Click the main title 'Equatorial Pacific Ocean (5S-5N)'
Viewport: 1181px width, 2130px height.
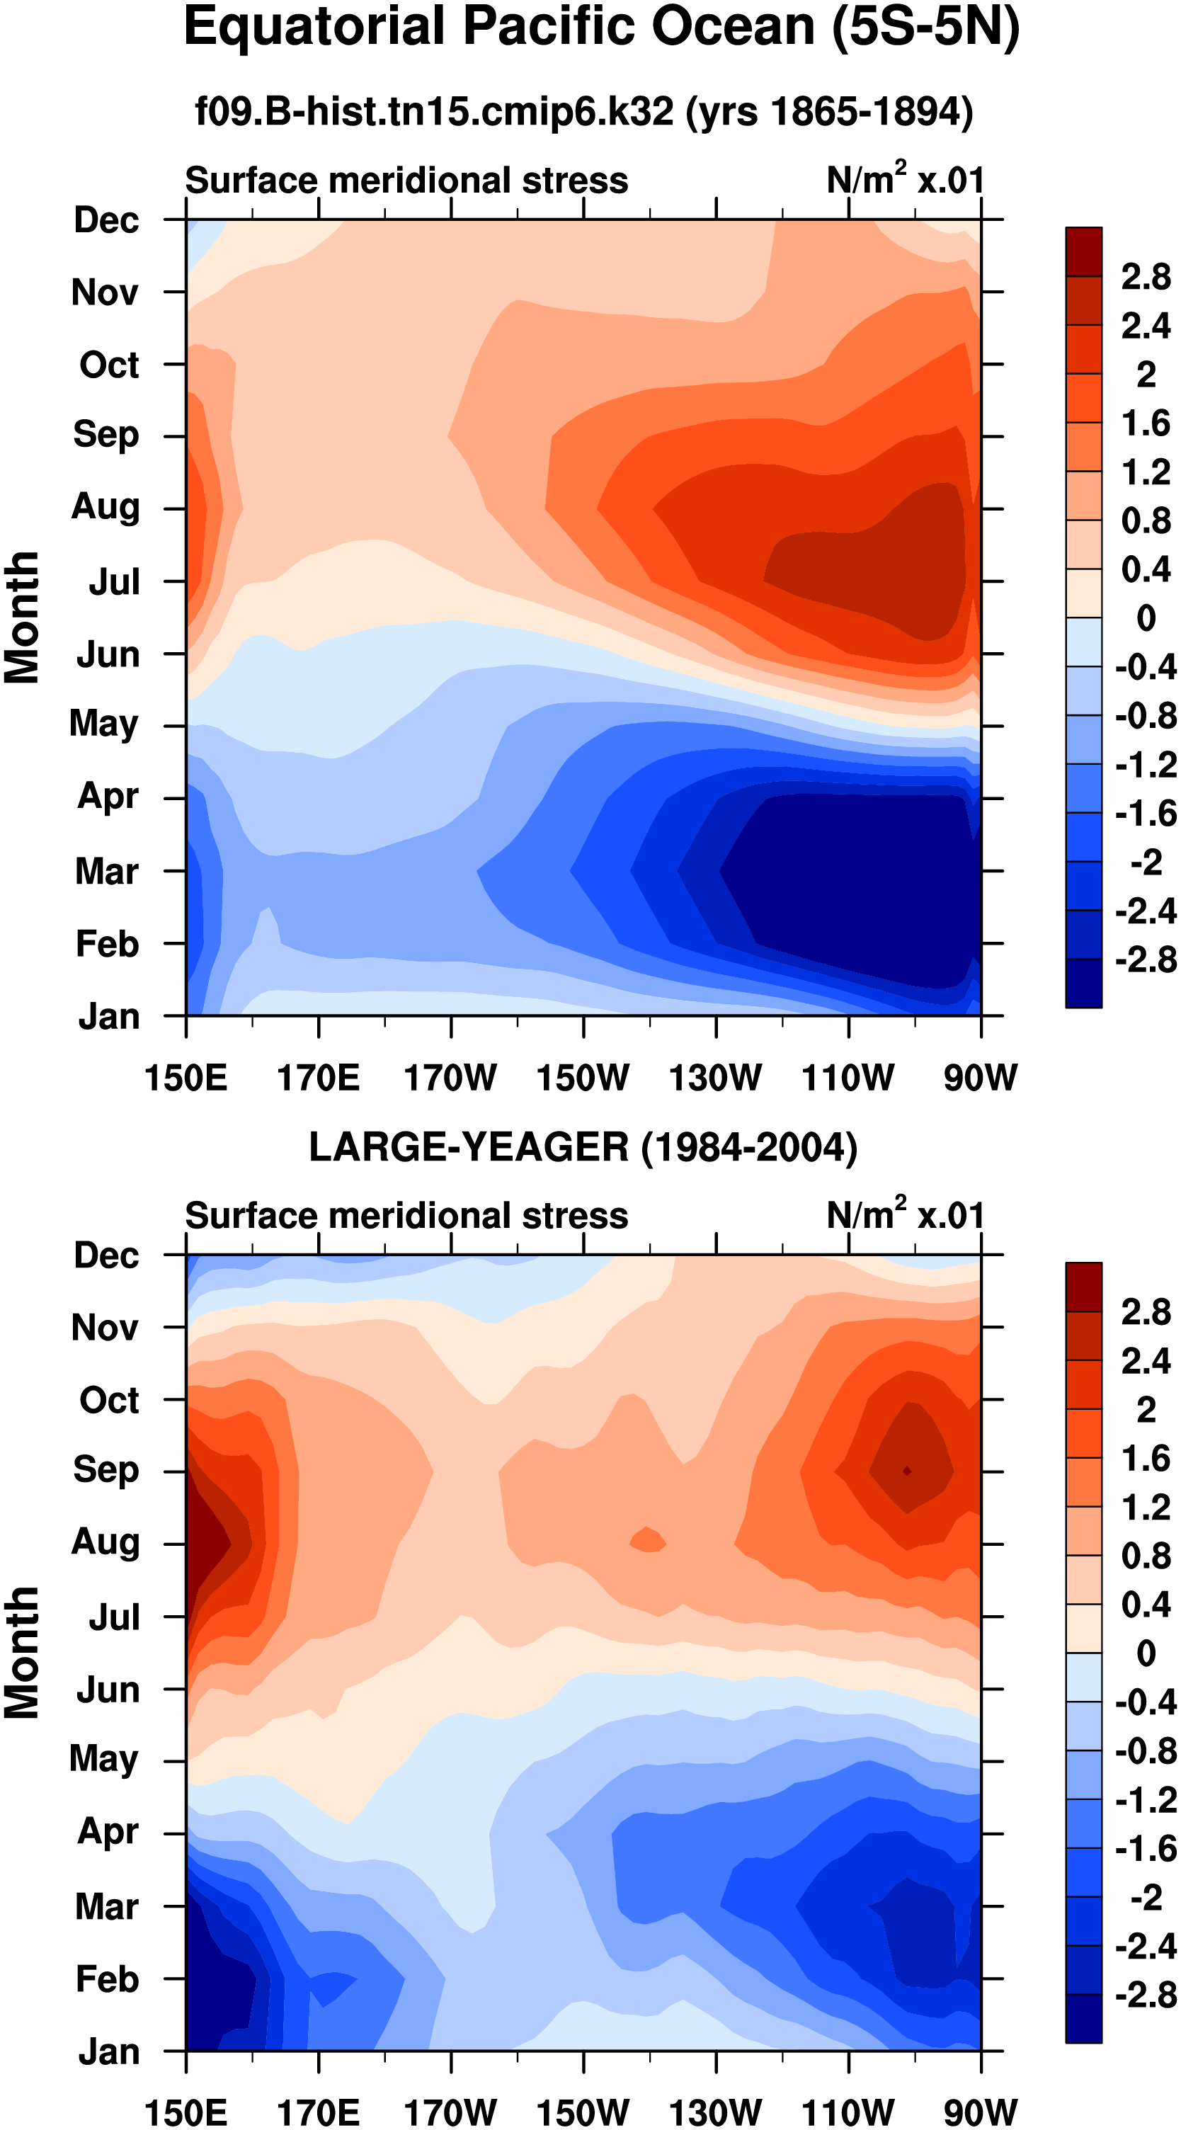pos(601,28)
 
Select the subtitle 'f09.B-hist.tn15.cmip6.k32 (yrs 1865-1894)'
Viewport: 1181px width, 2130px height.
pos(584,110)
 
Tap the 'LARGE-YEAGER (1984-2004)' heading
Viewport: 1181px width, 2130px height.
pos(583,1147)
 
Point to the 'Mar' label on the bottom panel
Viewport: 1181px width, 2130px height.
pos(107,1906)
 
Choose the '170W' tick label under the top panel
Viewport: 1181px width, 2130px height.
pos(451,1078)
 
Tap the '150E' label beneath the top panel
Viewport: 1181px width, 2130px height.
pos(186,1078)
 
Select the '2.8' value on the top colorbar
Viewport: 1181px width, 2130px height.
pos(1146,277)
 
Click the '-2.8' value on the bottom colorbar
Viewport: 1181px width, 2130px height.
pos(1145,1994)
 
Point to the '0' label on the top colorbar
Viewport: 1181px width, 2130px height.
pos(1146,617)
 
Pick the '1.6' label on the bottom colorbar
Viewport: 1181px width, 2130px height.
pos(1146,1458)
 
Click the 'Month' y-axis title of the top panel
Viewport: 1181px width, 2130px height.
pos(23,617)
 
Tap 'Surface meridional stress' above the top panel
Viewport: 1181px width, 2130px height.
pos(406,181)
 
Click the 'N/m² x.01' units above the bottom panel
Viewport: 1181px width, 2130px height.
pos(906,1216)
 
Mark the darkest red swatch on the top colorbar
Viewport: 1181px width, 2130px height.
pos(1083,251)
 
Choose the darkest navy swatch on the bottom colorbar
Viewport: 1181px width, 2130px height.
pos(1083,2018)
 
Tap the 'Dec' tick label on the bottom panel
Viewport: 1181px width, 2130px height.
pos(106,1255)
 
